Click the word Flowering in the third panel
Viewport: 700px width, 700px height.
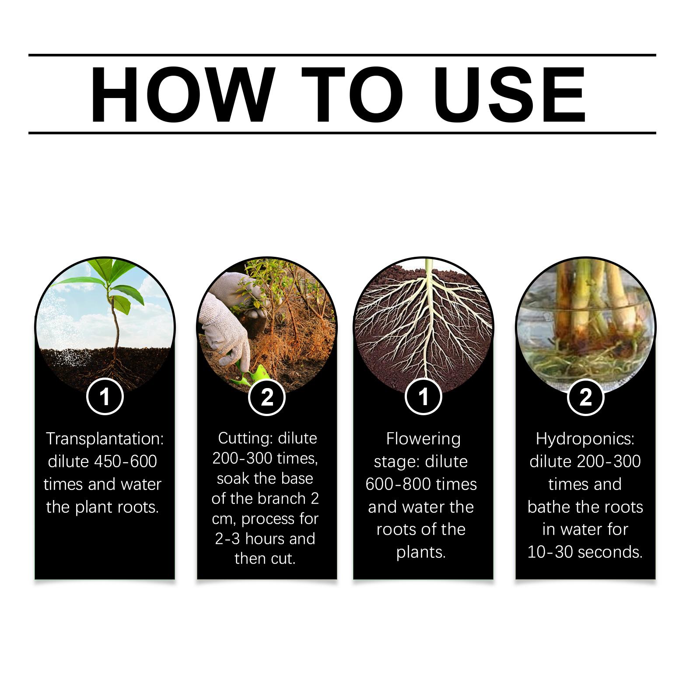click(x=423, y=439)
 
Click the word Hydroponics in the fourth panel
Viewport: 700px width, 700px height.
click(x=585, y=439)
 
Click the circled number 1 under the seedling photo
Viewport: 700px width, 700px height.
click(x=105, y=397)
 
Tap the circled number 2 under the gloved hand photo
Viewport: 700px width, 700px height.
click(x=266, y=397)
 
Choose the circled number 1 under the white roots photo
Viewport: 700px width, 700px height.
click(x=423, y=397)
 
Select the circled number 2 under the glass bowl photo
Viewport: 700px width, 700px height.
click(x=585, y=397)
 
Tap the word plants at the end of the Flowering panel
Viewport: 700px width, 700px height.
click(x=421, y=553)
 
